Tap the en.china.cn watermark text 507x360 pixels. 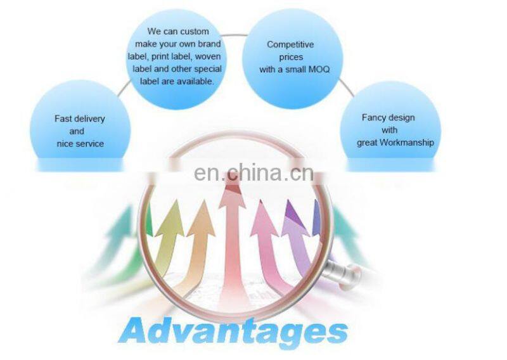[x=253, y=172]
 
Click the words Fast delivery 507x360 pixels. [x=80, y=119]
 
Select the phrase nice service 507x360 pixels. [x=80, y=144]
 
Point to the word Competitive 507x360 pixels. [x=290, y=44]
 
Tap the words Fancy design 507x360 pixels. [x=388, y=117]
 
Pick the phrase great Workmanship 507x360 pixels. [x=395, y=143]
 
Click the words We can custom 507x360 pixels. [x=178, y=31]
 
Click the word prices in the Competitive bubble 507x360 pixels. [x=290, y=57]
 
